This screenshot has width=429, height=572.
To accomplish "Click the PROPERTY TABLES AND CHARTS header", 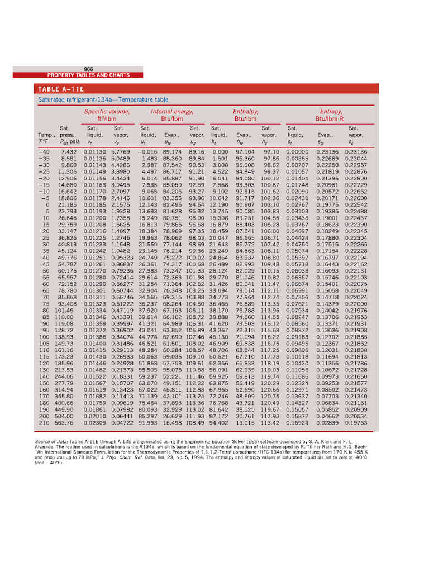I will pos(88,75).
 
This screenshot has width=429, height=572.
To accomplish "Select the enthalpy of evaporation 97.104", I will pos(245,152).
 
